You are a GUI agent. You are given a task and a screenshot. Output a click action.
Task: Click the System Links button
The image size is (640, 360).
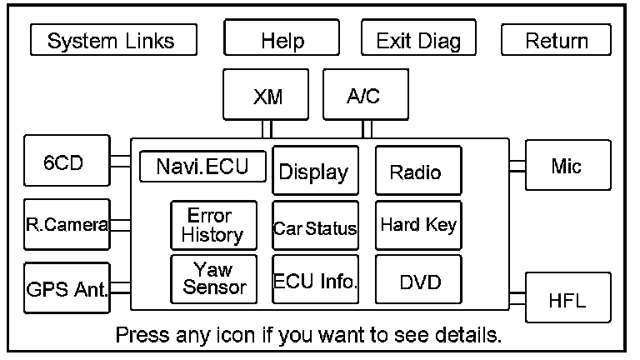point(113,40)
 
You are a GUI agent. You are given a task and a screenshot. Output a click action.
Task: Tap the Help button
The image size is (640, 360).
point(282,37)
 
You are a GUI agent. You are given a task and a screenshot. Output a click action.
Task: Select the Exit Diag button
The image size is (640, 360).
point(418,37)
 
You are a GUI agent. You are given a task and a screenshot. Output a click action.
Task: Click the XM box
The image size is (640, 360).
point(266,94)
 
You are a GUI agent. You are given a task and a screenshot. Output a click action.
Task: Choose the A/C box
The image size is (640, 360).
point(366,94)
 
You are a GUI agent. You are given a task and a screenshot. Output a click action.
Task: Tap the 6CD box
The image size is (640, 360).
point(67,160)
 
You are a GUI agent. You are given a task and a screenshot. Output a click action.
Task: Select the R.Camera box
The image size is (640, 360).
point(67,224)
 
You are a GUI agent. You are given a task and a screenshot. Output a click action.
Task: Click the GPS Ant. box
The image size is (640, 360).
point(67,287)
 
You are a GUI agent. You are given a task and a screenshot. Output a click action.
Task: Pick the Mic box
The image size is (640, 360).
point(568,165)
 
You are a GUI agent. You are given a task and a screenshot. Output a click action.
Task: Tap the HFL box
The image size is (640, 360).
point(568,297)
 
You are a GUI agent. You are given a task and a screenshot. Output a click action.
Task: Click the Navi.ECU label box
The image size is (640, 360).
point(202,166)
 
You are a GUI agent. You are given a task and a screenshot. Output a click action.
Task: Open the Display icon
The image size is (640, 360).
point(316,170)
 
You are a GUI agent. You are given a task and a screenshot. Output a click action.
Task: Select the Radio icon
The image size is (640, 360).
point(419,170)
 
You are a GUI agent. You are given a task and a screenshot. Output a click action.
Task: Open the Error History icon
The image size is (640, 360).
point(214,225)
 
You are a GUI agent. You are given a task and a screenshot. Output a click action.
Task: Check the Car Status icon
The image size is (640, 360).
point(316,225)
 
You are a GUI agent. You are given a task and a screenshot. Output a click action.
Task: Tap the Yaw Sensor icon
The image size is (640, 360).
point(214,279)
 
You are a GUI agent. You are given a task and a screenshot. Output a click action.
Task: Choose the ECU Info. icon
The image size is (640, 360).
point(316,279)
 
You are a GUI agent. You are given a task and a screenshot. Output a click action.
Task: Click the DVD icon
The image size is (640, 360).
point(419,279)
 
